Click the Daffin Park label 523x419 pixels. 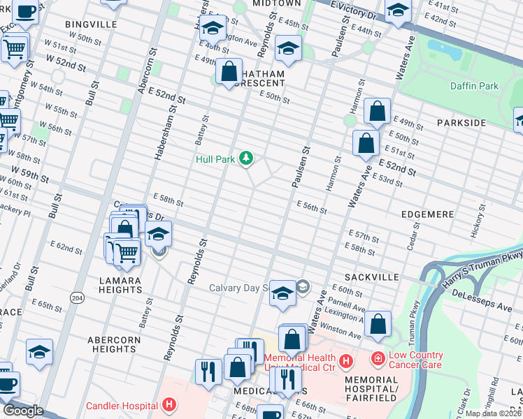click(x=480, y=86)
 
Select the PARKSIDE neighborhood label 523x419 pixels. click(x=461, y=123)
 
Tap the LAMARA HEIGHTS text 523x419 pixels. click(x=120, y=286)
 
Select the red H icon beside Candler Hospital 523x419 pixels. click(x=168, y=404)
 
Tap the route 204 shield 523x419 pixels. click(x=75, y=298)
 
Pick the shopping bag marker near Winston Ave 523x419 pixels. click(x=378, y=323)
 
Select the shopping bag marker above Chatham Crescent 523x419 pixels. click(x=229, y=71)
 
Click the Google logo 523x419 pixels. click(x=22, y=411)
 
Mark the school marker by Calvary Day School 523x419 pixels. click(x=282, y=293)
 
